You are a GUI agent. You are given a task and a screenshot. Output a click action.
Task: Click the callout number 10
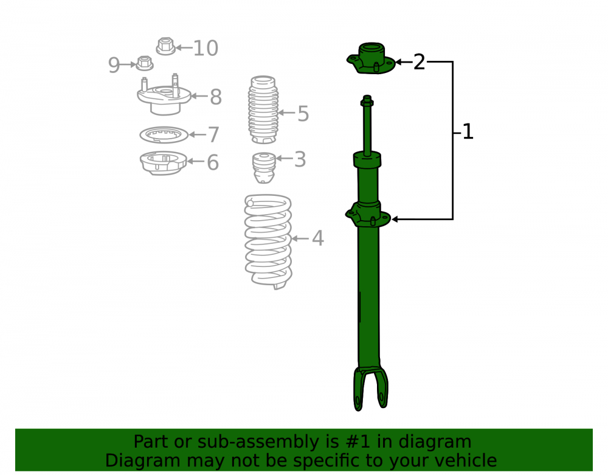(206, 48)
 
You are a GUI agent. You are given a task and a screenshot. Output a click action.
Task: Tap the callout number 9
(114, 64)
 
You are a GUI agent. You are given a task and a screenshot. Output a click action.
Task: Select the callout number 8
(216, 97)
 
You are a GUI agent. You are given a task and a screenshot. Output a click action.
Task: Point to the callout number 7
(213, 134)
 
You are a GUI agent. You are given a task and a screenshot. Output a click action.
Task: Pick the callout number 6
(212, 162)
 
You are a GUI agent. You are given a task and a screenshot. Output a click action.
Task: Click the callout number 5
(303, 114)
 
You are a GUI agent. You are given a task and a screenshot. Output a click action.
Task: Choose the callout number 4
(318, 238)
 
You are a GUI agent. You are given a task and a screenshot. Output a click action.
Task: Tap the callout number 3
(300, 159)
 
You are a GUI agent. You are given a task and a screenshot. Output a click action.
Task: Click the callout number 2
(419, 62)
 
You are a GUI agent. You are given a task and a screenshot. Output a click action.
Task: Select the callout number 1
(468, 132)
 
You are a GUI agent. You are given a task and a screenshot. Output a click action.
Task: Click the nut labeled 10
(166, 46)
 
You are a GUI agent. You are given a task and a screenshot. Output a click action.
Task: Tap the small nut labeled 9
(145, 63)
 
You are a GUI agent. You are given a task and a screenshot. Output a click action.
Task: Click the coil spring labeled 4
(268, 241)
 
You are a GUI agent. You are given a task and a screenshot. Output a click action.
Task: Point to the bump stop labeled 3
(264, 167)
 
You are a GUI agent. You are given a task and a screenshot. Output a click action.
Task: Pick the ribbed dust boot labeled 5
(263, 109)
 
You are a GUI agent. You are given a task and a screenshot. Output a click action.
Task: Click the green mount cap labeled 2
(371, 58)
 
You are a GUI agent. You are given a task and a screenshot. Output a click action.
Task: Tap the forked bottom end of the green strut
(371, 388)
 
